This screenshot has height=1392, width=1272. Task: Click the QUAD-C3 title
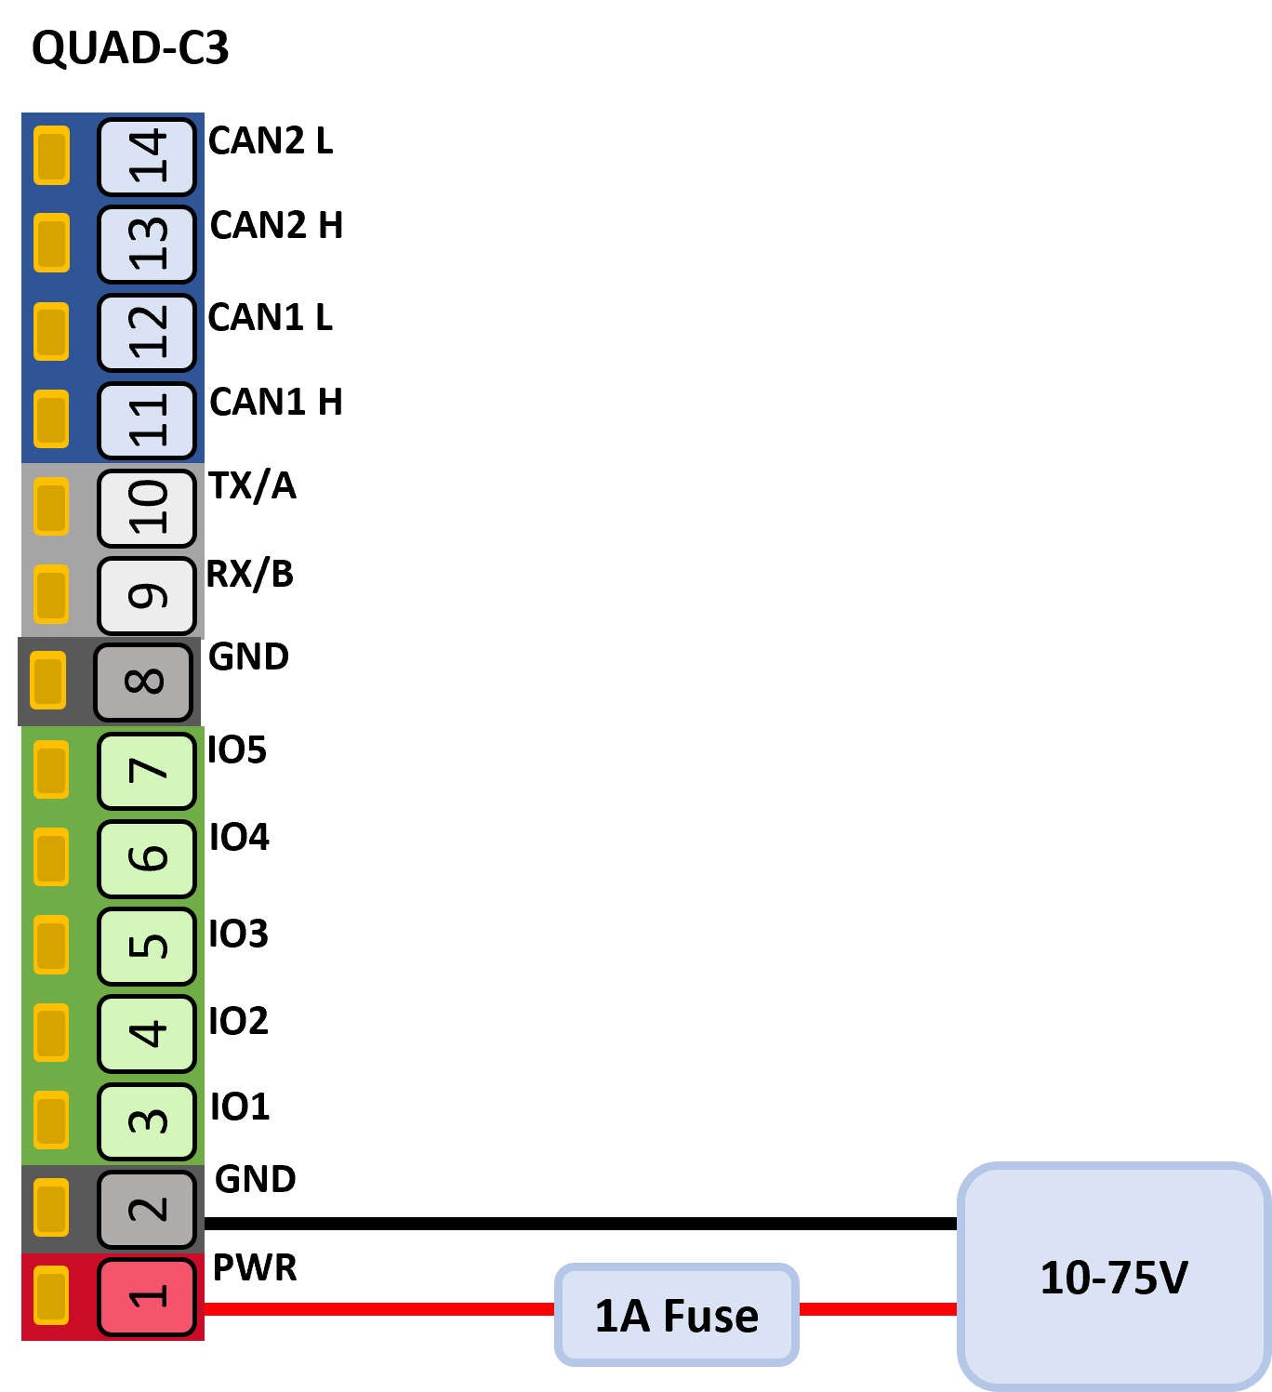(130, 47)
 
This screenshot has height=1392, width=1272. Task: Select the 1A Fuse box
(676, 1314)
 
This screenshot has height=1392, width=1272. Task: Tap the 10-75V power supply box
(1114, 1277)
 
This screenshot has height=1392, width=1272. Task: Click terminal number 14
(146, 157)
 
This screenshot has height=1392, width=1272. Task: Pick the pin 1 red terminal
(146, 1296)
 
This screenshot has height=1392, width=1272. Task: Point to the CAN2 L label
(271, 140)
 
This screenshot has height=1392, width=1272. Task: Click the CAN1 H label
(276, 402)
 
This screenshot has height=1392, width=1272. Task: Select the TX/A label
(253, 485)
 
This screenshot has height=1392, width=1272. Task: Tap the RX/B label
(250, 574)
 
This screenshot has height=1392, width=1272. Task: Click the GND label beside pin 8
(248, 656)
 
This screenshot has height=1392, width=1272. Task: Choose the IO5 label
(237, 749)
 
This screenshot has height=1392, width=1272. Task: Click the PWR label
(255, 1267)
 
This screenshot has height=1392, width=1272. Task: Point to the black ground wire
(581, 1224)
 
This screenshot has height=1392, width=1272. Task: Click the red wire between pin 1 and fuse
(379, 1308)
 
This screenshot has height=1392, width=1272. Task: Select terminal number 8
(143, 682)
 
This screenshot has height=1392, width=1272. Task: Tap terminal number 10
(146, 508)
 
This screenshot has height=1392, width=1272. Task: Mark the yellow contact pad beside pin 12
(51, 332)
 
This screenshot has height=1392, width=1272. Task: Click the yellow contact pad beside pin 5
(51, 945)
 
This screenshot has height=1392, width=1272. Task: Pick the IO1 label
(239, 1107)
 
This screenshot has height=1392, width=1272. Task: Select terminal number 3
(146, 1121)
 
